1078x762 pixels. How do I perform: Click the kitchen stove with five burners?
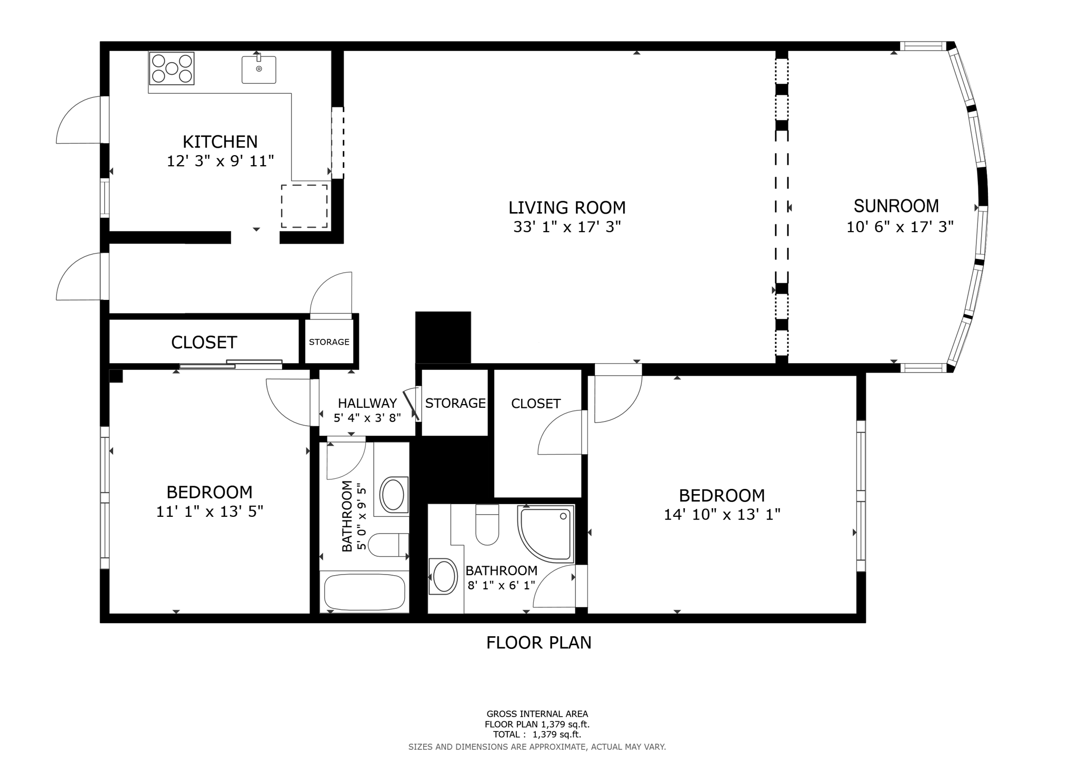[x=172, y=68]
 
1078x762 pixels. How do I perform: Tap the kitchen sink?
[x=258, y=69]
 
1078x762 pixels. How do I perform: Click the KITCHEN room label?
[x=220, y=142]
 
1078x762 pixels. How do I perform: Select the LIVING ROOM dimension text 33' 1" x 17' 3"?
[x=567, y=227]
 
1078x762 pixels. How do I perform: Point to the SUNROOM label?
[x=896, y=206]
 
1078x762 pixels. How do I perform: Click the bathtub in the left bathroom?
[x=364, y=593]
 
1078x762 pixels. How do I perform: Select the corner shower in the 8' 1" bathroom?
[x=546, y=534]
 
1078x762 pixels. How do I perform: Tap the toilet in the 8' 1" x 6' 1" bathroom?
[x=487, y=525]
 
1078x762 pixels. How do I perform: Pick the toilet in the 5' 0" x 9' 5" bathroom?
[x=388, y=545]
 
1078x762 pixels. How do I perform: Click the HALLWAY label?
[x=367, y=403]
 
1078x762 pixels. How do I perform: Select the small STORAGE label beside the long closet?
[x=329, y=342]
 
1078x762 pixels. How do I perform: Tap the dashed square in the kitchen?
[x=304, y=206]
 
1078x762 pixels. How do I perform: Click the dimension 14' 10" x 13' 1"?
[x=722, y=514]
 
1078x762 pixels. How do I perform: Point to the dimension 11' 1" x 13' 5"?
[x=209, y=511]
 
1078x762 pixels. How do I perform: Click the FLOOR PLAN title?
[x=539, y=643]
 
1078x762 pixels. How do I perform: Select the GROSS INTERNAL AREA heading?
[x=537, y=714]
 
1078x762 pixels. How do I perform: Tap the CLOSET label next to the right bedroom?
[x=536, y=404]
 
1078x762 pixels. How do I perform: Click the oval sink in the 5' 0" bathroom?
[x=393, y=495]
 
